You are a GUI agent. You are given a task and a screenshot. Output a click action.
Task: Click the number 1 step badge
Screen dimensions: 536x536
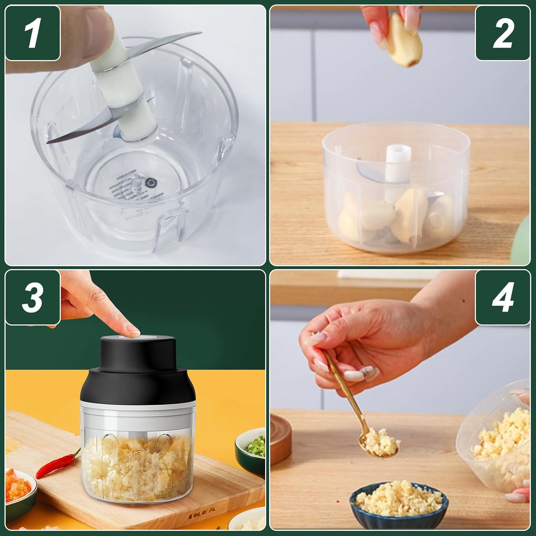[x=33, y=33]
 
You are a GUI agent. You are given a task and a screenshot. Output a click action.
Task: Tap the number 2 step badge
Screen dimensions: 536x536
[x=503, y=33]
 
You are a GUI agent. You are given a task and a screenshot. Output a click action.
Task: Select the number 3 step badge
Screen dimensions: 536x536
[x=33, y=297]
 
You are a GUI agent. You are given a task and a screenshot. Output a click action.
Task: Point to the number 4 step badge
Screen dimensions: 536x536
[x=503, y=297]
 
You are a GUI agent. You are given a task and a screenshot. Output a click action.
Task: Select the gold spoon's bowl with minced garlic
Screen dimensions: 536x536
[x=379, y=445]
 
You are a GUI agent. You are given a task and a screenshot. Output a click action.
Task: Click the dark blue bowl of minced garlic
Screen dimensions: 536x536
[x=398, y=500]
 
